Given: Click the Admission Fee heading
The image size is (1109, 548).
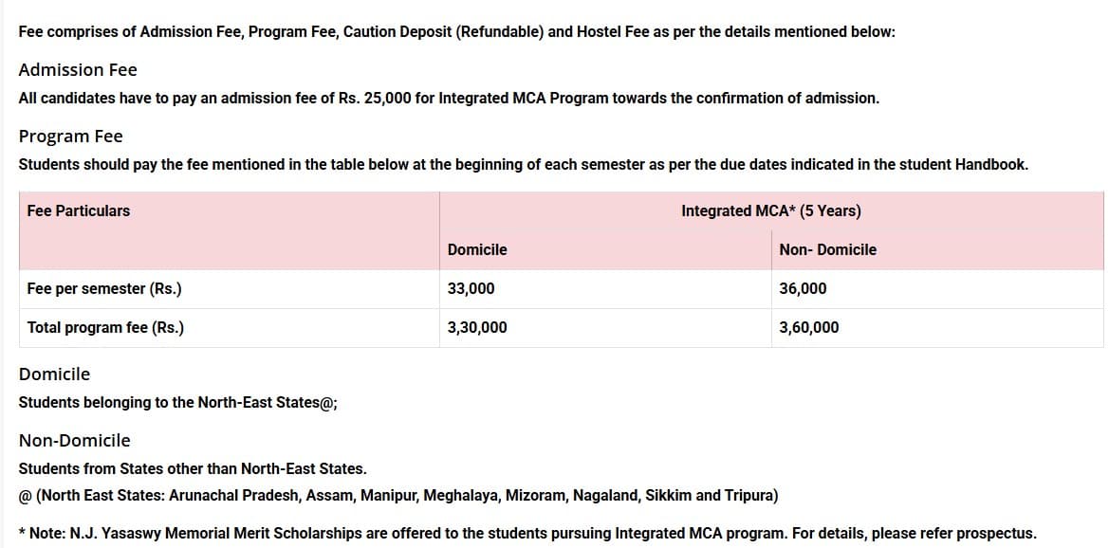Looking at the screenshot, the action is click(x=78, y=70).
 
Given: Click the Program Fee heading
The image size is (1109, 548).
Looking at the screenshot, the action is click(x=71, y=137).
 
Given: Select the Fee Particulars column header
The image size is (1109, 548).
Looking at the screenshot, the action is click(x=79, y=210).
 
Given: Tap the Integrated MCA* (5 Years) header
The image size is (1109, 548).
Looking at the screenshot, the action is click(x=770, y=210).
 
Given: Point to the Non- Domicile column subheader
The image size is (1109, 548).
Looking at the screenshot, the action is click(x=827, y=250).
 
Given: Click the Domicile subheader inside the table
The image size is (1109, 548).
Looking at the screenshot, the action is click(x=477, y=250).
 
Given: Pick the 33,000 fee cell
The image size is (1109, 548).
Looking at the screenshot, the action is click(x=471, y=289).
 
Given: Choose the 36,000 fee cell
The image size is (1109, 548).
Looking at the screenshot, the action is click(x=803, y=289).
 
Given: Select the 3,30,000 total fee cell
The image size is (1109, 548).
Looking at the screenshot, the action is click(x=477, y=328).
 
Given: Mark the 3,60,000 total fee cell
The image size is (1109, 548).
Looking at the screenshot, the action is click(x=809, y=328).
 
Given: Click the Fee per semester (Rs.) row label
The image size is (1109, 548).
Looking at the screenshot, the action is click(x=104, y=289).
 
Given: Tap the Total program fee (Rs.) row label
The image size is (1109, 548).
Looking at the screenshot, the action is click(x=105, y=328).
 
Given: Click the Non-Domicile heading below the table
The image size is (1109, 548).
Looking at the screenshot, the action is click(x=75, y=441).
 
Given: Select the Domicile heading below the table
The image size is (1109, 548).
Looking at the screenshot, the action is click(x=55, y=374).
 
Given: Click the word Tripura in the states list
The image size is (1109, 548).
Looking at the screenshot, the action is click(x=751, y=496).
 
